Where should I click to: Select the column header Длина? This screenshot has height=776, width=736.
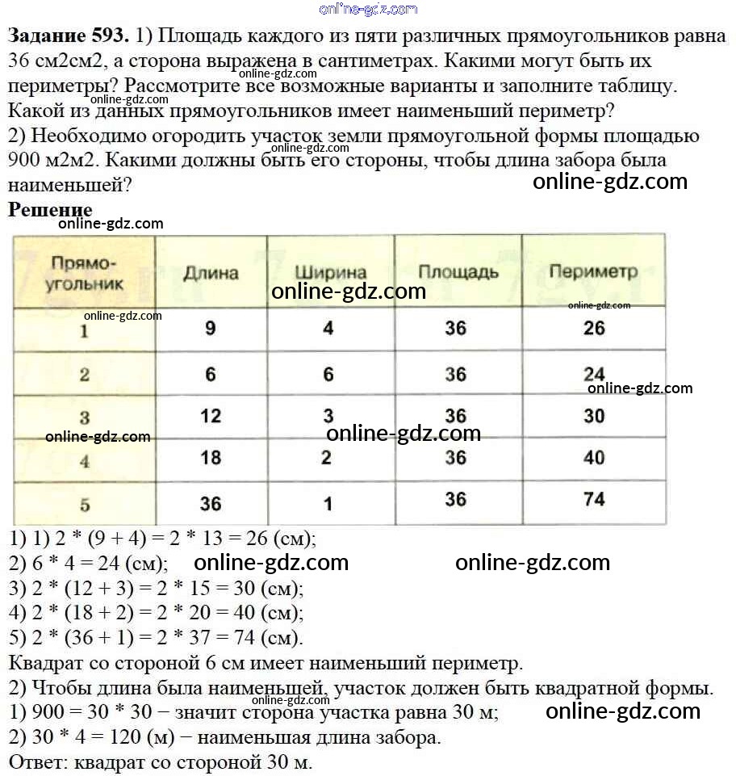[x=211, y=273]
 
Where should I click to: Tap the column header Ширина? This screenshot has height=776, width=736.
[x=331, y=273]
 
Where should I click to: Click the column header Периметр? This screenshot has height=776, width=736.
[x=593, y=272]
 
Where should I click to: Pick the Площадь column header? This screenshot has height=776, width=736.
[x=458, y=272]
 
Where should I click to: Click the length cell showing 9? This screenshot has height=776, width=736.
[x=211, y=329]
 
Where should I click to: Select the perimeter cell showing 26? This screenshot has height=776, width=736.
[x=594, y=329]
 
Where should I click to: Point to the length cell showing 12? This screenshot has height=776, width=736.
[x=211, y=416]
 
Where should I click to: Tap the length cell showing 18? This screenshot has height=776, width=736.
[x=211, y=458]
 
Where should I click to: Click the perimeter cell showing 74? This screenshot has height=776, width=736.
[x=594, y=499]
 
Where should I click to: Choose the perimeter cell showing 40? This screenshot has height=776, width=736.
[x=594, y=458]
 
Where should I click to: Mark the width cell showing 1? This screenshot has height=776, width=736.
[x=328, y=504]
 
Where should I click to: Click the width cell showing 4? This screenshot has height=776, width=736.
[x=328, y=329]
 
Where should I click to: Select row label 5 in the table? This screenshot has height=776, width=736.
[x=85, y=505]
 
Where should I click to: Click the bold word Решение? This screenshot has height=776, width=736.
[x=50, y=210]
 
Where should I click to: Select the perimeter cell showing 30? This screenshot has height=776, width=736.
[x=594, y=415]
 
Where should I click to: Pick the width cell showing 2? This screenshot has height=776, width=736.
[x=326, y=458]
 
